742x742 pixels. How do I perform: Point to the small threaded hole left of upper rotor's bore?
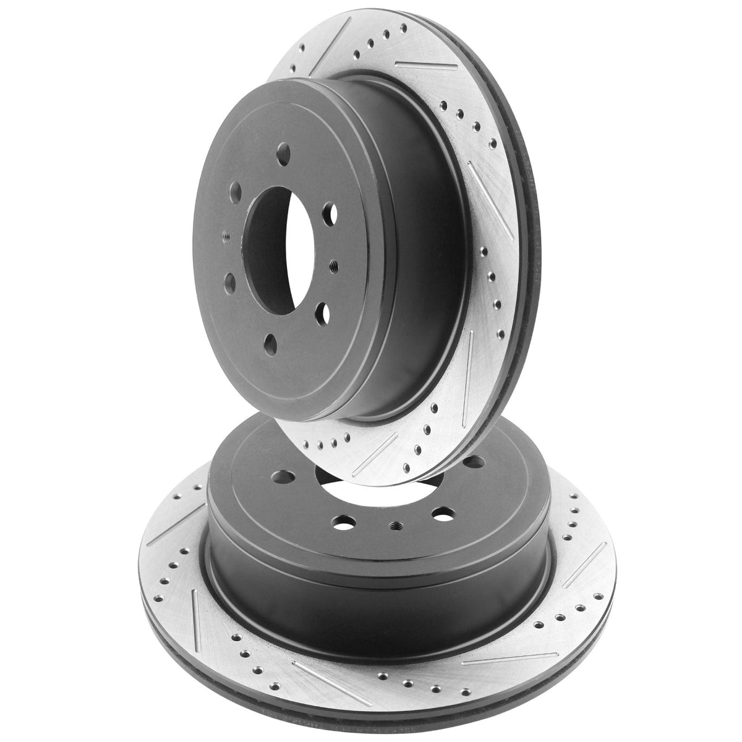point(226,236)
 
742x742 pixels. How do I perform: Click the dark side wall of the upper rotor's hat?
point(427,260)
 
